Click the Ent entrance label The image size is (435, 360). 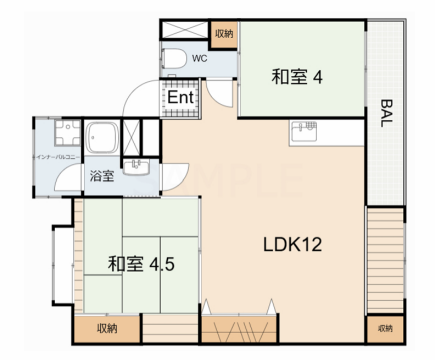[x=180, y=98]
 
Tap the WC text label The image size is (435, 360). [x=199, y=57]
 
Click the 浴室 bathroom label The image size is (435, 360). [x=101, y=176]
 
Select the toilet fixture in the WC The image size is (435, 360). [x=174, y=57]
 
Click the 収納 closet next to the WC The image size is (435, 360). [x=223, y=33]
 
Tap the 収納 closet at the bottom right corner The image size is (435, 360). [x=385, y=328]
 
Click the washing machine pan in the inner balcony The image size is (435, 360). [x=57, y=136]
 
